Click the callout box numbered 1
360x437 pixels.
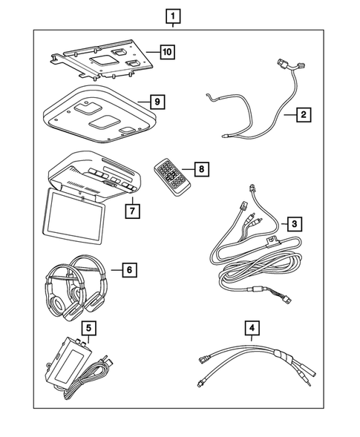[172, 15]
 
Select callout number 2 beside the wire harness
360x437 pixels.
[302, 115]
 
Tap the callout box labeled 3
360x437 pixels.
[294, 223]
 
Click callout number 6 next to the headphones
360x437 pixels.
[128, 269]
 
